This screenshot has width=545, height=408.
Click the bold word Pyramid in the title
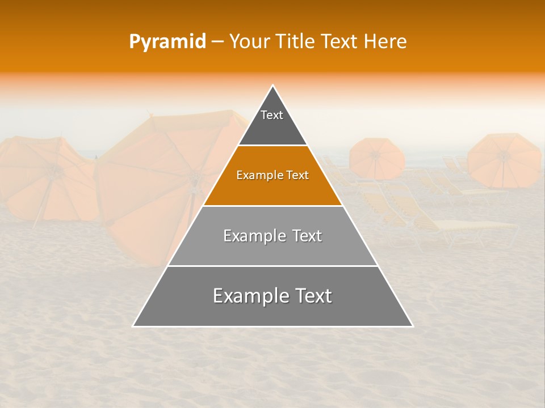coord(167,42)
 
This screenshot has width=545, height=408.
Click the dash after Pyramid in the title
coord(217,42)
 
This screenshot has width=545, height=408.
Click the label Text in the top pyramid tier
coord(272,115)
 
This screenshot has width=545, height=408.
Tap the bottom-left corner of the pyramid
coord(133,326)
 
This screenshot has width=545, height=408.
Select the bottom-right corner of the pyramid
coord(413,326)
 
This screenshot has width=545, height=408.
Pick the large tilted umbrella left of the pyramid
coord(165,181)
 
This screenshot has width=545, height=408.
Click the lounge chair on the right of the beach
coord(466,227)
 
